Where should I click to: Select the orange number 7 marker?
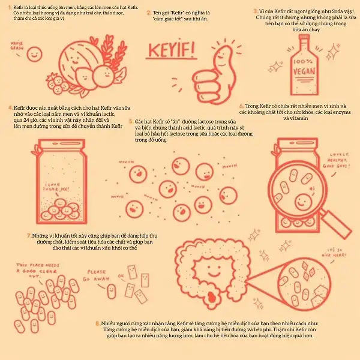(29, 236)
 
